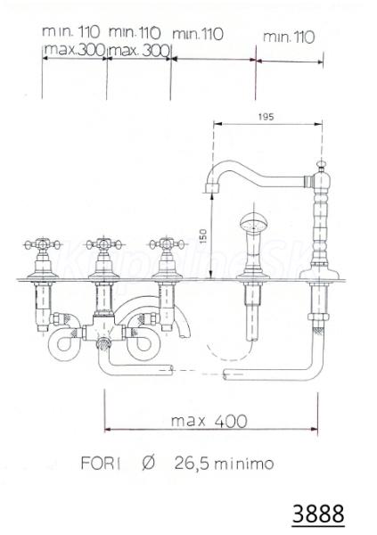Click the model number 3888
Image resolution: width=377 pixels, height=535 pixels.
point(317,514)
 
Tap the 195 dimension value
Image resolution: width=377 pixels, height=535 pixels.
point(266,117)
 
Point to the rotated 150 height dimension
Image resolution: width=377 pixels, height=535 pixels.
point(203,236)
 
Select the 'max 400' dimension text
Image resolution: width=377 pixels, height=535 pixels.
point(209,421)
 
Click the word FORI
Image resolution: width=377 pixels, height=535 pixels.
point(101,464)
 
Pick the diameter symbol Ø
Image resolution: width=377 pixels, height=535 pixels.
point(148,463)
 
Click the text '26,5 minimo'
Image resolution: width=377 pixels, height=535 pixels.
point(225,464)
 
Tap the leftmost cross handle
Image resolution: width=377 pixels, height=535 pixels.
point(42,244)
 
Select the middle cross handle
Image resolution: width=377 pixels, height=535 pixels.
point(103,244)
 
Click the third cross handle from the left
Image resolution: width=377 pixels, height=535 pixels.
point(167,244)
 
